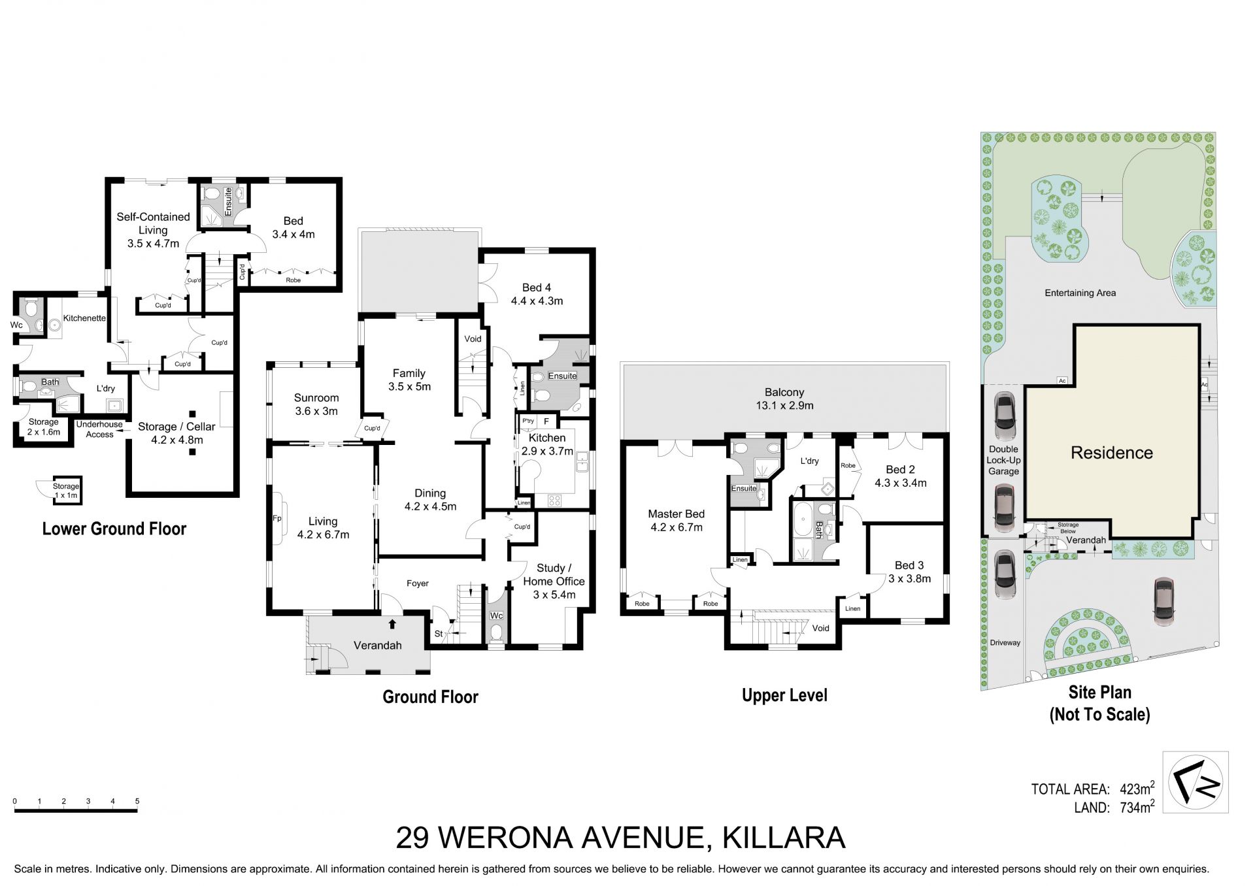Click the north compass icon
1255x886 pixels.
[x=1196, y=782]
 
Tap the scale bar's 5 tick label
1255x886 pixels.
[x=137, y=801]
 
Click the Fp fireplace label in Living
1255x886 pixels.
[x=276, y=518]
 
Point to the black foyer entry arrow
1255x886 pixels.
[x=392, y=624]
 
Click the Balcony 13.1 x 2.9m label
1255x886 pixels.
[x=784, y=399]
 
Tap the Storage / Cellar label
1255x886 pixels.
[x=176, y=433]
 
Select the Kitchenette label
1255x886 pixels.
[x=84, y=318]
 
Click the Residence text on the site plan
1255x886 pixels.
[x=1112, y=453]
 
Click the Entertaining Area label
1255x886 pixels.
[x=1080, y=293]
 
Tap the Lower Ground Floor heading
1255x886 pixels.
[x=114, y=529]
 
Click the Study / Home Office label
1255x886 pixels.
[x=554, y=582]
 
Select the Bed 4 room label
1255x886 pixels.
[x=537, y=294]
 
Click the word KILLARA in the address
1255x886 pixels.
[x=784, y=838]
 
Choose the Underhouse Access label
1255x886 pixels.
[x=99, y=429]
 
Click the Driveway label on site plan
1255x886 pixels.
[x=1005, y=643]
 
